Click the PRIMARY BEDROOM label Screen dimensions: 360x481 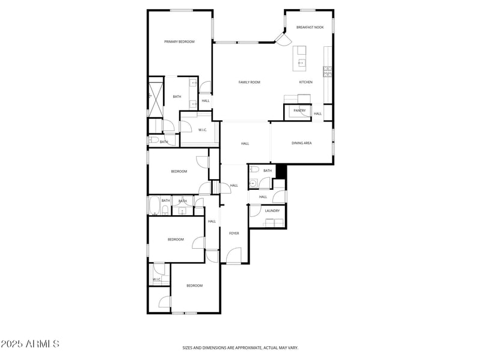pyautogui.click(x=180, y=41)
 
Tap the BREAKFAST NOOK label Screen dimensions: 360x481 pyautogui.click(x=310, y=27)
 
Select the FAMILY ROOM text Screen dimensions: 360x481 pyautogui.click(x=249, y=82)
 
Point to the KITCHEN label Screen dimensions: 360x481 pyautogui.click(x=305, y=82)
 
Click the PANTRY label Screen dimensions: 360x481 pyautogui.click(x=299, y=111)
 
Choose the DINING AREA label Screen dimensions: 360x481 pyautogui.click(x=301, y=143)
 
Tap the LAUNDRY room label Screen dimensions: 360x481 pyautogui.click(x=272, y=210)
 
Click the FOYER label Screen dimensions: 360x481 pyautogui.click(x=234, y=233)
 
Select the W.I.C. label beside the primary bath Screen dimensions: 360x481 pyautogui.click(x=203, y=130)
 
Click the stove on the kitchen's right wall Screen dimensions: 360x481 pyautogui.click(x=328, y=72)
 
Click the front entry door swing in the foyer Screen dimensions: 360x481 pyautogui.click(x=234, y=257)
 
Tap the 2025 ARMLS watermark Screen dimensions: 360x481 pyautogui.click(x=29, y=344)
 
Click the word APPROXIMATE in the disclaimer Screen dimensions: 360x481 pyautogui.click(x=247, y=347)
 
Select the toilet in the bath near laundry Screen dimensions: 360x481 pyautogui.click(x=255, y=170)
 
